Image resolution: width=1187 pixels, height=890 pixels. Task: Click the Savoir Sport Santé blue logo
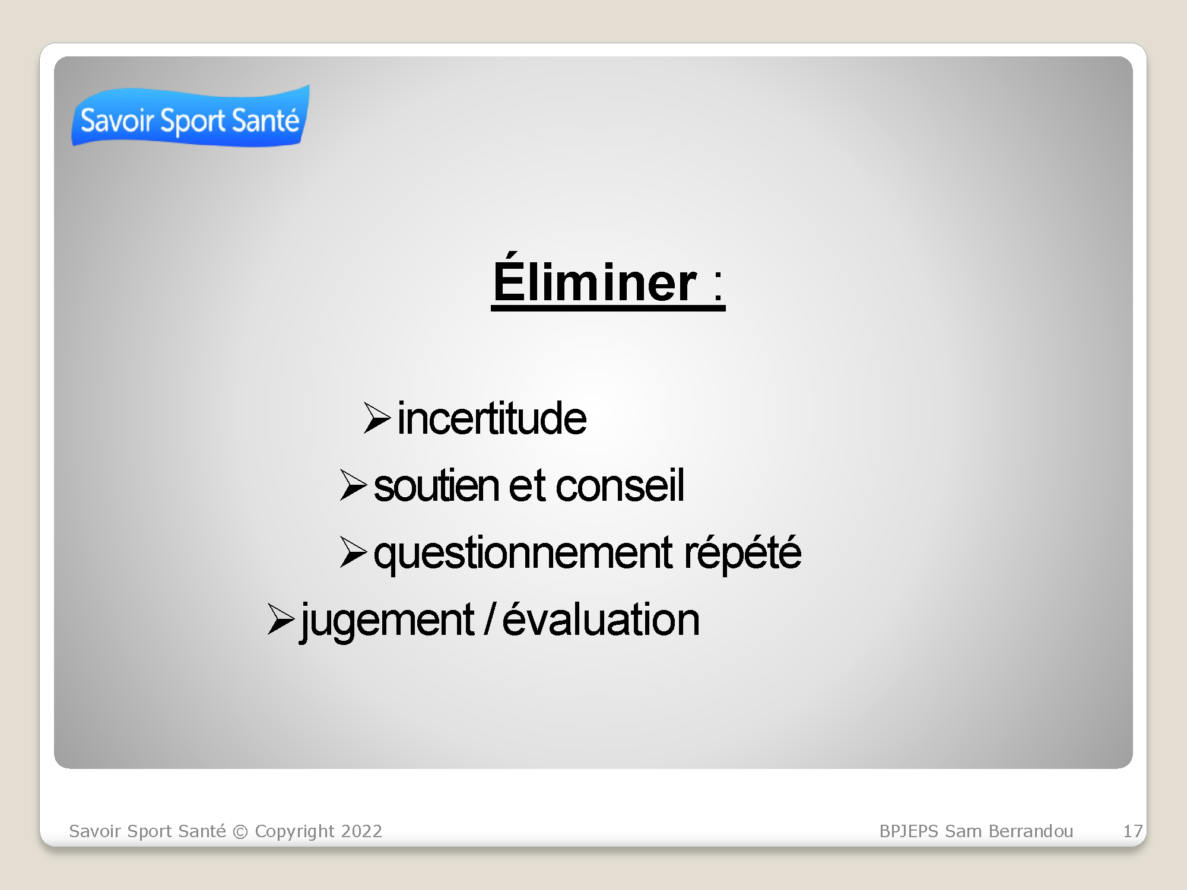coord(191,116)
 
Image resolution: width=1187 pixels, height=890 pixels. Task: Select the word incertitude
coord(492,418)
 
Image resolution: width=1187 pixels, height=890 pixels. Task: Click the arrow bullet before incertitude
coord(377,418)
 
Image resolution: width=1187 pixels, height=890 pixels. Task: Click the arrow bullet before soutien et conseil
coord(354,485)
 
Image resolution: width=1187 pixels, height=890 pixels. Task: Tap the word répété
coord(742,552)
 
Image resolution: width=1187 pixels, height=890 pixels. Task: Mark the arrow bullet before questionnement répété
coord(354,552)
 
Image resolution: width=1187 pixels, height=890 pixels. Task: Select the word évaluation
coord(601,619)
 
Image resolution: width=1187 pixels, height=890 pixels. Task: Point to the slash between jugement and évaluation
coord(489,619)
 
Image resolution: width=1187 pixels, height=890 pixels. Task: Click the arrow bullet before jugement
coord(281,619)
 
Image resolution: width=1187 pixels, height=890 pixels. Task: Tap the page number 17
coord(1132,831)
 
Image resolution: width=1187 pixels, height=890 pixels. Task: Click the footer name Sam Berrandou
coord(1009,831)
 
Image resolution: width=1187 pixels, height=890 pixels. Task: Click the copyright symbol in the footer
coord(240,832)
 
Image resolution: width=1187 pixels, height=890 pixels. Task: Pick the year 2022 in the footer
coord(362,831)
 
